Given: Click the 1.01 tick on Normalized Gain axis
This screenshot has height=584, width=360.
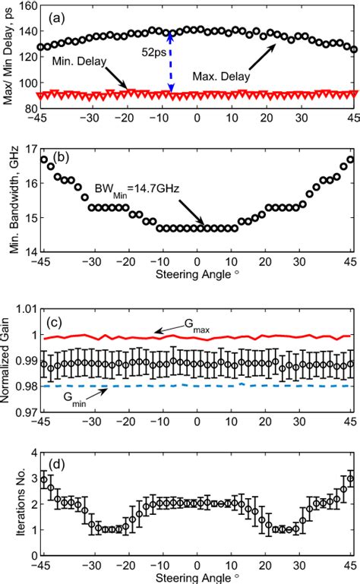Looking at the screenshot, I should pyautogui.click(x=22, y=309).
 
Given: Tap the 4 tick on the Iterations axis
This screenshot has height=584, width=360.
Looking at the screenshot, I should pyautogui.click(x=30, y=453).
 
